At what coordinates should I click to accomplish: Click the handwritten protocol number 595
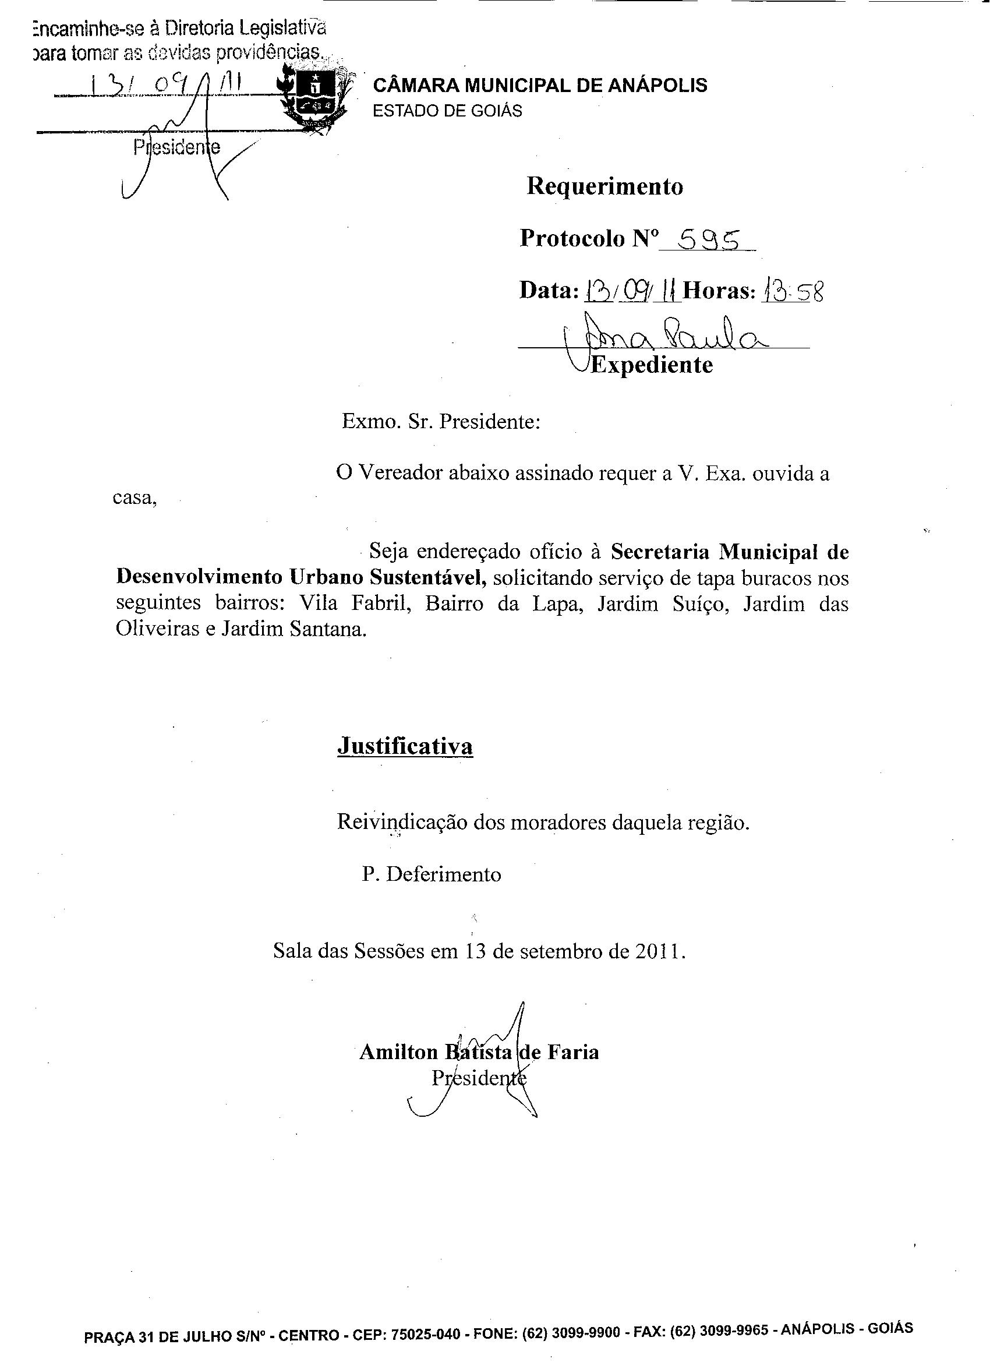[707, 240]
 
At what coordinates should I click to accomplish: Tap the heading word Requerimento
[604, 187]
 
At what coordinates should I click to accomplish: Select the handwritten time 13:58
[793, 292]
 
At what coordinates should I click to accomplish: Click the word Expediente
[652, 365]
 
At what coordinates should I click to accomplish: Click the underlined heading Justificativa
[405, 746]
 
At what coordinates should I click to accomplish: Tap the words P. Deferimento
[431, 874]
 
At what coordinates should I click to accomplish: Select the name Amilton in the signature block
[399, 1052]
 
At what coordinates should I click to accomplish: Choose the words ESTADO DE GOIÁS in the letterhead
[447, 111]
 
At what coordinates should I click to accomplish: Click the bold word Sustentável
[428, 577]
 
